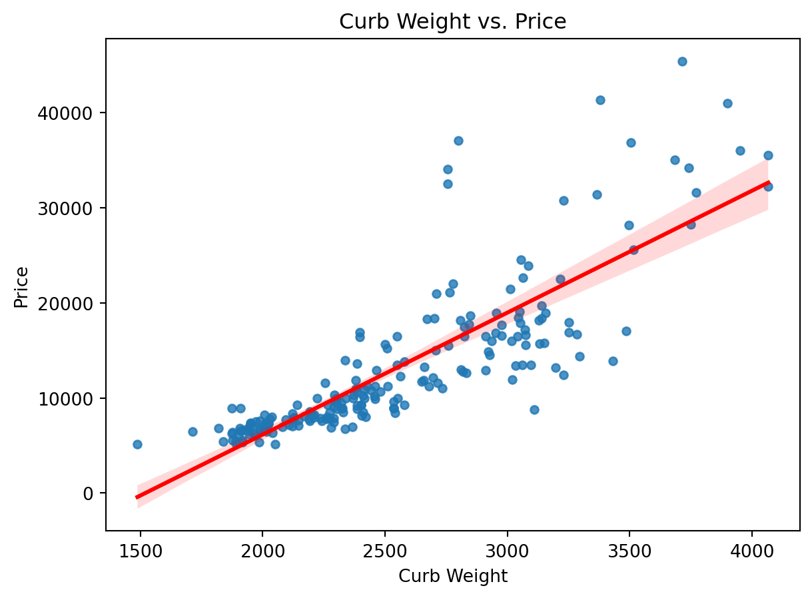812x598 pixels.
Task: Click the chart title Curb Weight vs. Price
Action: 452,22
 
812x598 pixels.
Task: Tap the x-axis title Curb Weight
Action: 452,577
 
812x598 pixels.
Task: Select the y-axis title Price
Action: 21,287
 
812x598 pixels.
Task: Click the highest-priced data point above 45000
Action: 682,61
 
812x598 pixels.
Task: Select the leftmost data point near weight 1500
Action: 137,444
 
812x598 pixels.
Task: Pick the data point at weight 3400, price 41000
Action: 600,100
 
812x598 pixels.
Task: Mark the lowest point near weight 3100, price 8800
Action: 534,410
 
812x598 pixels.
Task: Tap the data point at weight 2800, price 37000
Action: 458,141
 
